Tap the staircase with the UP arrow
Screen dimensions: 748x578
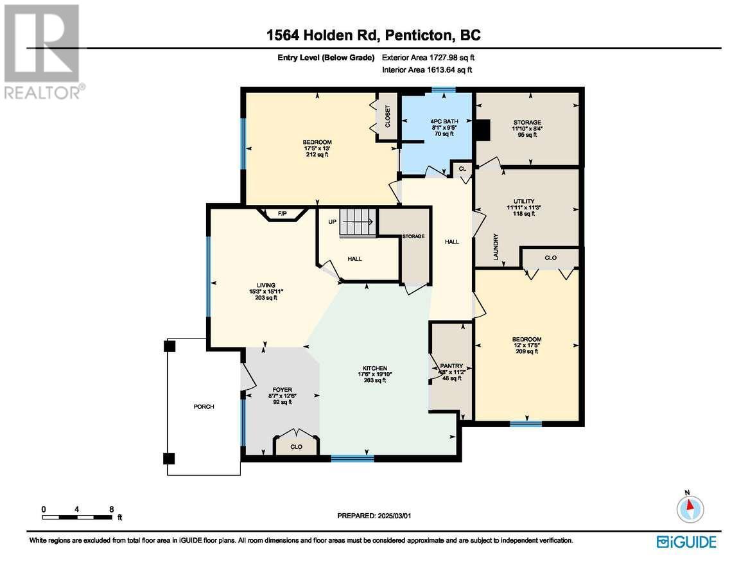tap(359, 222)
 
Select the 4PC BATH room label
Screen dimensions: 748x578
tap(444, 122)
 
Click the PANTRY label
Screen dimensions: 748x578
tap(451, 366)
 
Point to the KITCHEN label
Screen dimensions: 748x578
tap(375, 368)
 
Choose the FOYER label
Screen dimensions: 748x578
tap(283, 389)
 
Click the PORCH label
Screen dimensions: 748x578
tap(204, 407)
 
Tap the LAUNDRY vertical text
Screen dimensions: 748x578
tap(496, 247)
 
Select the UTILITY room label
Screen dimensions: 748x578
tap(524, 202)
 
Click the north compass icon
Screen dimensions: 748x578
tap(690, 508)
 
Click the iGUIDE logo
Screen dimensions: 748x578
tap(686, 542)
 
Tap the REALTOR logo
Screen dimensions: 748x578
tap(43, 51)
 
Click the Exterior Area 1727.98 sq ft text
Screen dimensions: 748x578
tap(428, 58)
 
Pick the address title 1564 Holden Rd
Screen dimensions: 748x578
tap(322, 35)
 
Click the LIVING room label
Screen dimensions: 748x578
tap(266, 285)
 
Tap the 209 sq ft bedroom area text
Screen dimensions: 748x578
tap(527, 351)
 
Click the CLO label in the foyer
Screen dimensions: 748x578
tap(296, 447)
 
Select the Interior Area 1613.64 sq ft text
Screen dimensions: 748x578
tap(427, 70)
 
